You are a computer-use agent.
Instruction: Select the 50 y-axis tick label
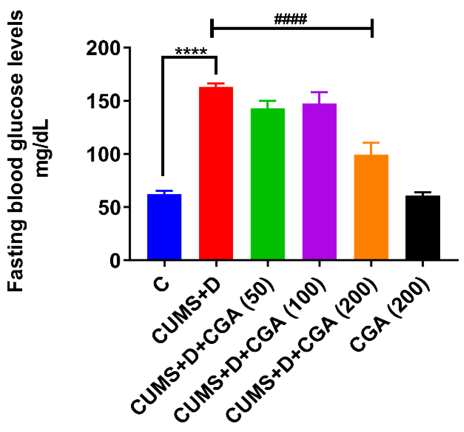(x=108, y=207)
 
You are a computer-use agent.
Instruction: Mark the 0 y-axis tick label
(x=115, y=261)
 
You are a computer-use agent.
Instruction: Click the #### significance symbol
(x=290, y=19)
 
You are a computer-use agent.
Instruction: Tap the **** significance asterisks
(x=191, y=51)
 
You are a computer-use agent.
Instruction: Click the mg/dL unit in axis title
(x=42, y=148)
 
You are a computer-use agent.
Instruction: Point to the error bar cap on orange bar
(x=371, y=143)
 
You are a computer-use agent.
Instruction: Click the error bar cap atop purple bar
(x=319, y=92)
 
